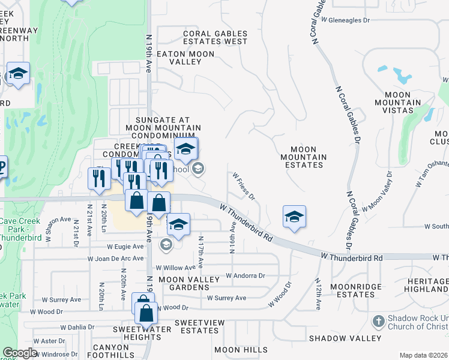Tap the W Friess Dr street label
pos(244,187)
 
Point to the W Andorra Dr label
pos(246,276)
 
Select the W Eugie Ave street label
pos(125,246)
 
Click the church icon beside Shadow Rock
pos(378,321)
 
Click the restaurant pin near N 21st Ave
pos(98,178)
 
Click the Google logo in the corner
pos(20,353)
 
